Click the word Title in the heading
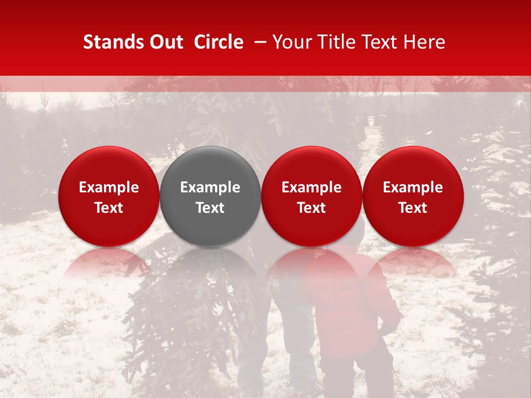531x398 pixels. tap(337, 42)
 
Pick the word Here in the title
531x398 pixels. tap(425, 42)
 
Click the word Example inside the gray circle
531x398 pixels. tap(210, 187)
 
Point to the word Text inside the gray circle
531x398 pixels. tap(210, 208)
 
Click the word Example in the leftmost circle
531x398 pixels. tap(108, 187)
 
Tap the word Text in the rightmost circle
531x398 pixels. tap(413, 208)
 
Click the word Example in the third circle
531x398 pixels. tap(311, 187)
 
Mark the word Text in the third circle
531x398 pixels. tap(311, 208)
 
